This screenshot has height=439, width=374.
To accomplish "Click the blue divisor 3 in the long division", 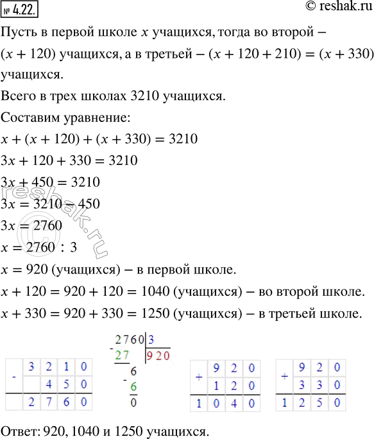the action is [149, 340].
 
